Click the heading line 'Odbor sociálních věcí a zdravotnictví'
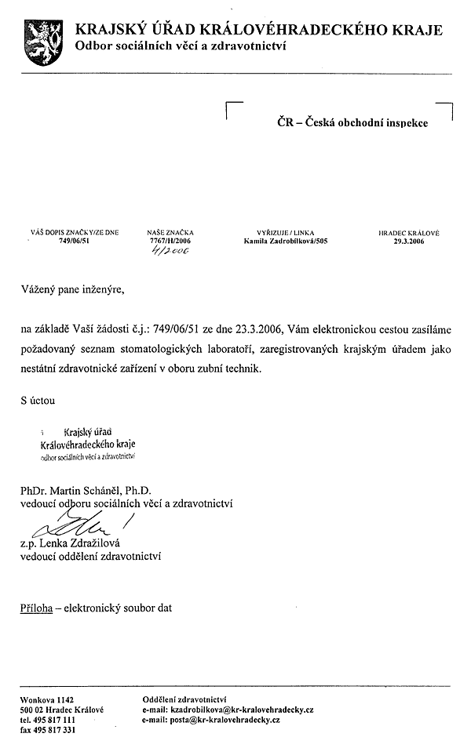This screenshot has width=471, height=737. [181, 47]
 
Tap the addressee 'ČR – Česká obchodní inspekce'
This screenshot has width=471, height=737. [352, 123]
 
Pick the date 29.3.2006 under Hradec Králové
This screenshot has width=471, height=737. [409, 241]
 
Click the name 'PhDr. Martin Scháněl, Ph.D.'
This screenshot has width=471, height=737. [91, 490]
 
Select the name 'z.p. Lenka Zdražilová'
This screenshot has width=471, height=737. [73, 543]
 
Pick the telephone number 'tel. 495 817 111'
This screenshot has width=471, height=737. [48, 718]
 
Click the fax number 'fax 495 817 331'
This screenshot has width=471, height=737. [48, 728]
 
